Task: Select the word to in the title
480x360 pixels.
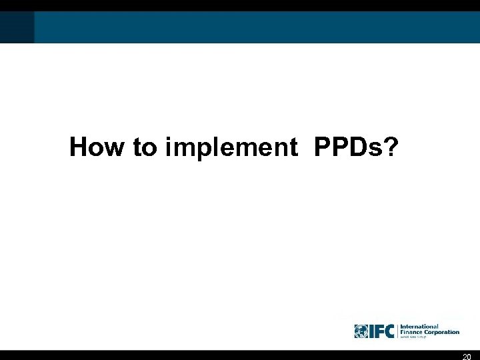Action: [143, 147]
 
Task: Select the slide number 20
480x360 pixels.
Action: [467, 356]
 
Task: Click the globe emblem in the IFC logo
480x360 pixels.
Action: [362, 331]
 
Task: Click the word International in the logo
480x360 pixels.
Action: [419, 327]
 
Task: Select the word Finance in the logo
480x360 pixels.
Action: [411, 332]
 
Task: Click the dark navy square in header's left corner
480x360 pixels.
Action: [17, 27]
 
